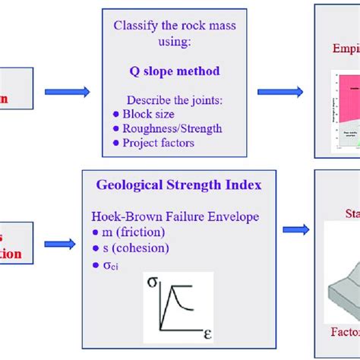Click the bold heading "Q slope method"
pos(174,71)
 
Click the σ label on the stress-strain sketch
pos(152,285)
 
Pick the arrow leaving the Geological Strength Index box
pos(296,229)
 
